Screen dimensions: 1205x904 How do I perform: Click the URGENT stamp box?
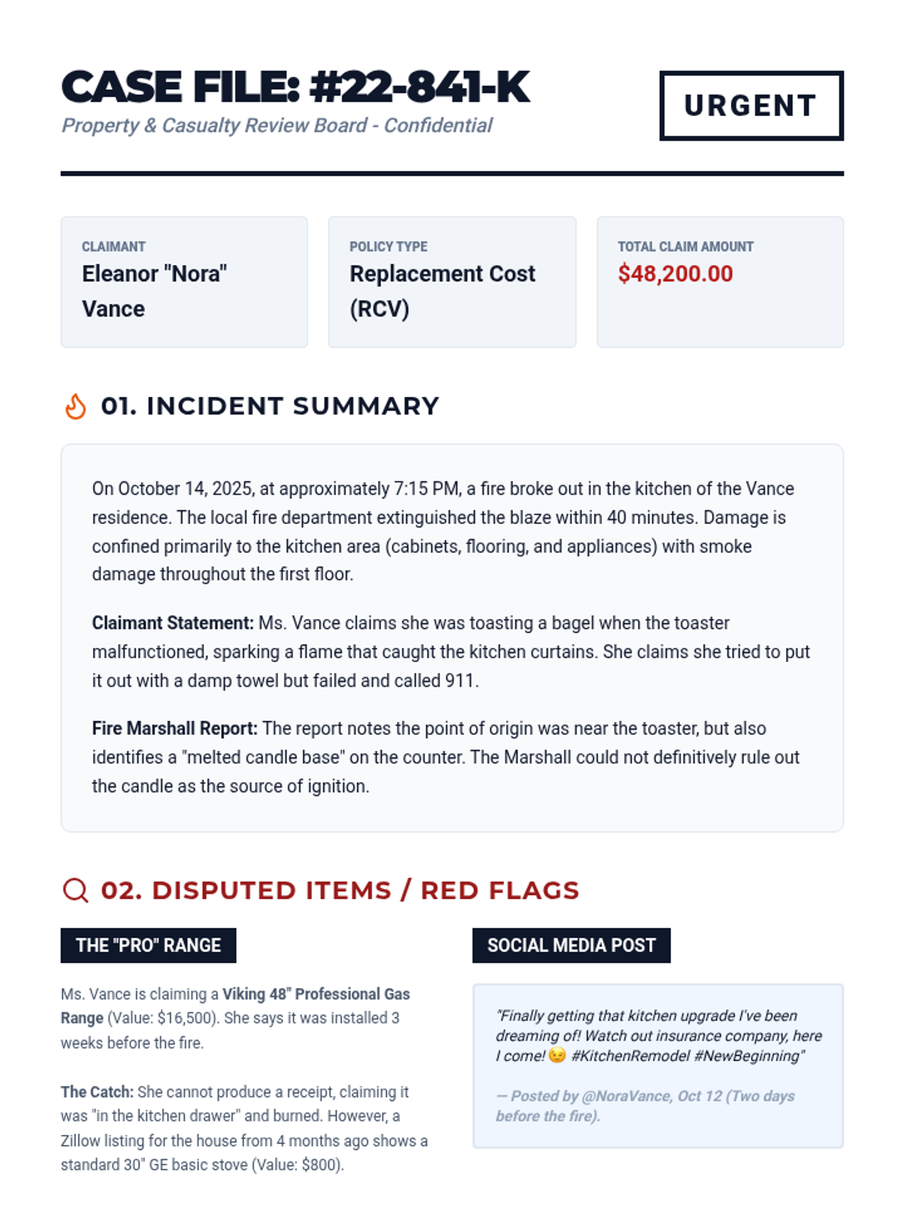coord(751,105)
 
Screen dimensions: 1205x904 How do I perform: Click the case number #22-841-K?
coord(420,87)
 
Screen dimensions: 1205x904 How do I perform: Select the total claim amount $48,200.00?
coord(675,273)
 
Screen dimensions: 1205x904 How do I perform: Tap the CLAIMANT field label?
coord(114,246)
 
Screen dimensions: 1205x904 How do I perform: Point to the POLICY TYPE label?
coord(388,246)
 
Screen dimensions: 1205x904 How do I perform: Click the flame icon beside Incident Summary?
coord(75,406)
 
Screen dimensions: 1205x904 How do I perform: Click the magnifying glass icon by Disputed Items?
coord(75,889)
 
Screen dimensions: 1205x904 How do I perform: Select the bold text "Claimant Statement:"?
coord(173,623)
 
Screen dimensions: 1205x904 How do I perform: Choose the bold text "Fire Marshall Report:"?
coord(175,728)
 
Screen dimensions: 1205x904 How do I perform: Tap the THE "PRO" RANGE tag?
coord(148,945)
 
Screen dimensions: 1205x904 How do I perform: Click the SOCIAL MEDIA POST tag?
coord(571,945)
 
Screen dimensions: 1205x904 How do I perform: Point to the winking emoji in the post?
coord(557,1056)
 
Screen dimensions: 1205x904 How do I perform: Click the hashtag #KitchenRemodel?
coord(630,1056)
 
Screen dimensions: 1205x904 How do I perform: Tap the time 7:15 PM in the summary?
coord(426,489)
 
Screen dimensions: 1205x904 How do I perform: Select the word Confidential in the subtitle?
coord(438,125)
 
